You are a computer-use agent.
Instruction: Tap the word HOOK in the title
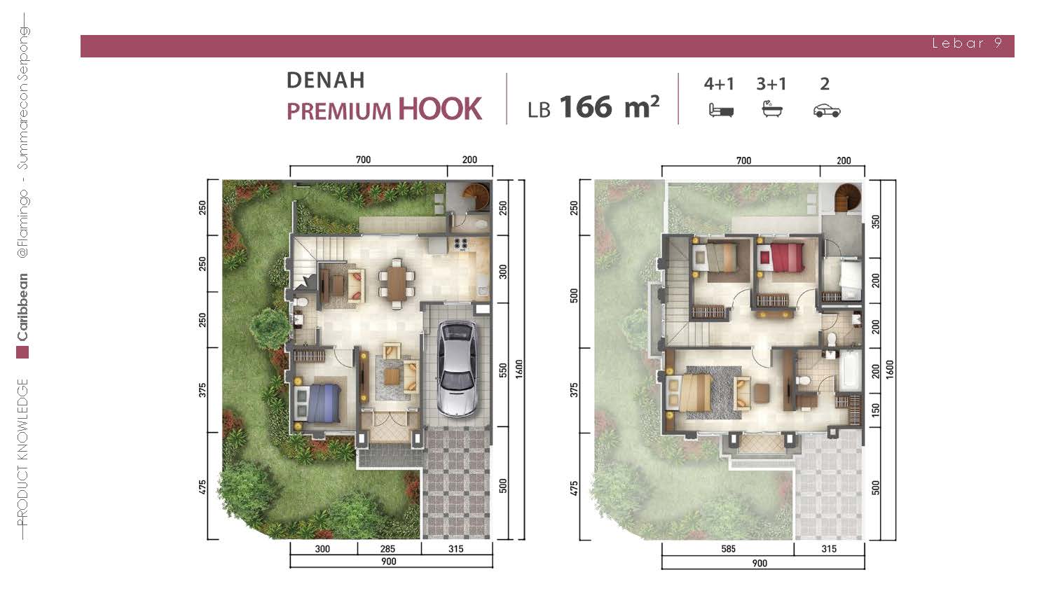440,109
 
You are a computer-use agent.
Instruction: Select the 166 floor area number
586,107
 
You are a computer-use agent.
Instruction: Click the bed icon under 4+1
721,110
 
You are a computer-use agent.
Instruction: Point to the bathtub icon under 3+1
772,109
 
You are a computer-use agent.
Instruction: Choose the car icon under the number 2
827,111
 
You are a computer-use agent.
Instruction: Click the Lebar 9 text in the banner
967,43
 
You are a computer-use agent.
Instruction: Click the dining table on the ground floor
397,284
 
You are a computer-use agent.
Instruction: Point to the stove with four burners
460,244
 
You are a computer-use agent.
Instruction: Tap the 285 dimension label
387,549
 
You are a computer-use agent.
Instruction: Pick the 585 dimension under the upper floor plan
728,549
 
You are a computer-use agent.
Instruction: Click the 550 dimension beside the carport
503,370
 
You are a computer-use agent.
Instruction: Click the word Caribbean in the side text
22,307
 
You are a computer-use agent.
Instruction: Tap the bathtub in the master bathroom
851,370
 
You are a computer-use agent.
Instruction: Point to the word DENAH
326,81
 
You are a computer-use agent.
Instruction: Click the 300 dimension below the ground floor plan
322,549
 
